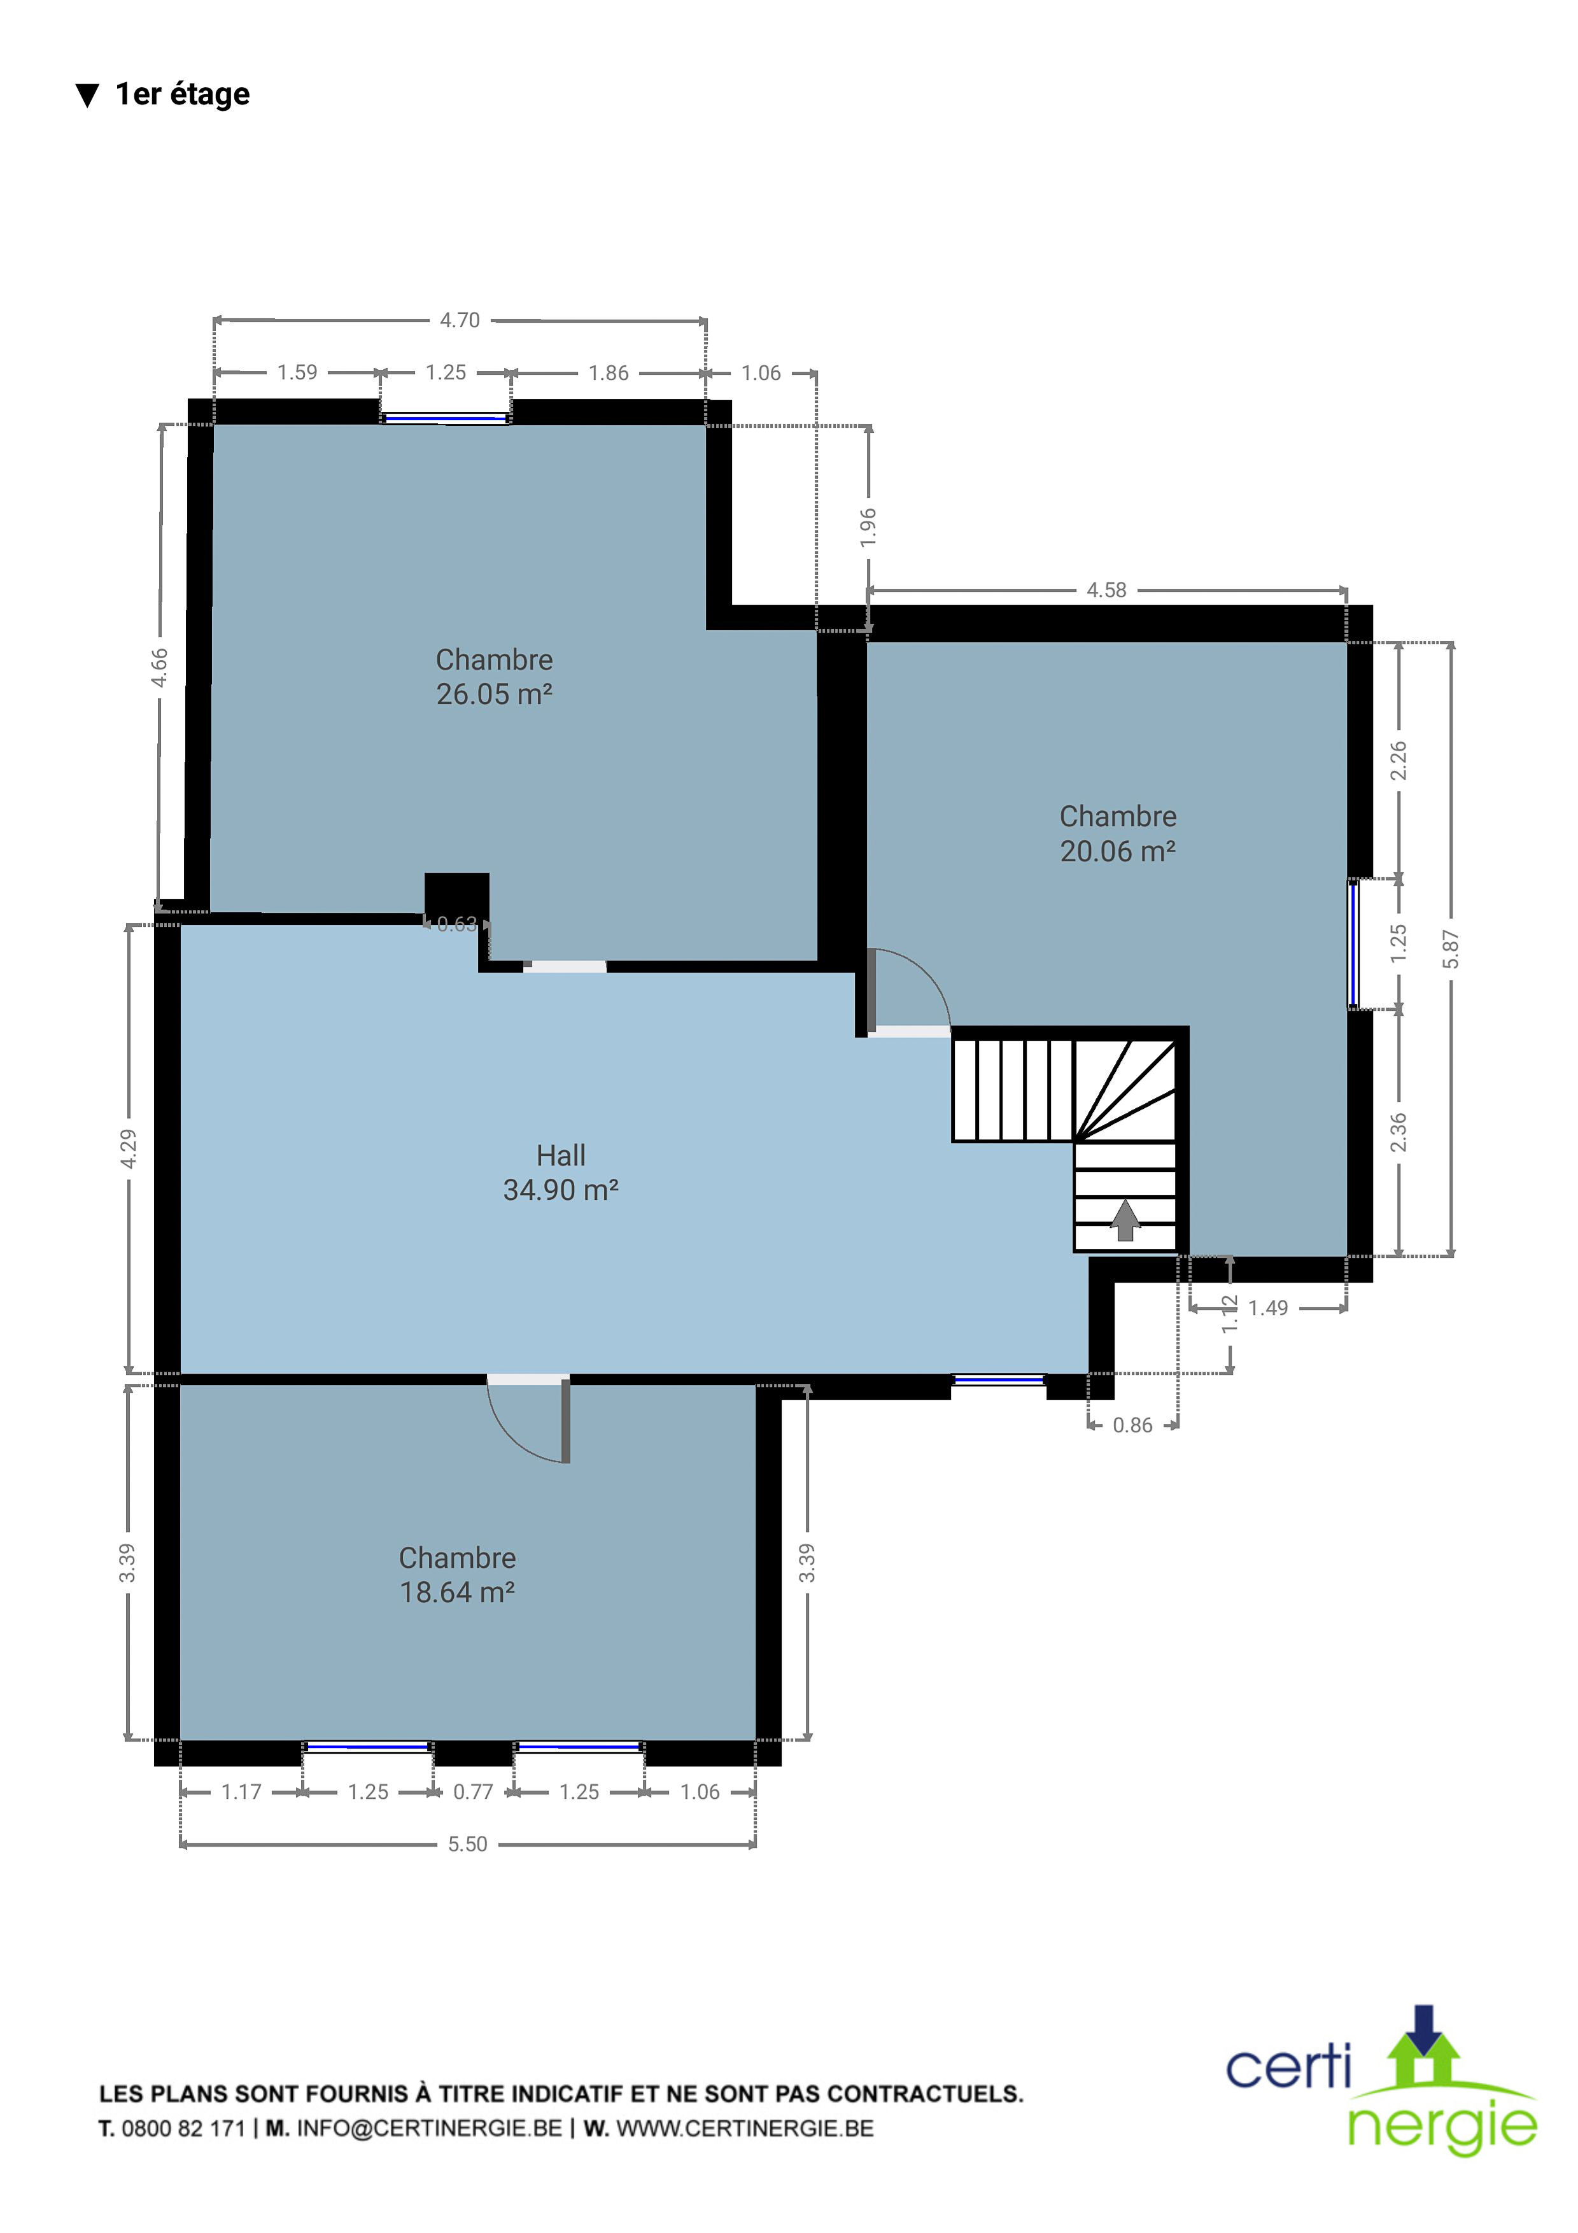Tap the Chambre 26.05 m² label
point(494,677)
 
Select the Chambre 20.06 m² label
point(1118,833)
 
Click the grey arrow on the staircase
point(1125,1220)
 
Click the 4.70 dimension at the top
point(460,320)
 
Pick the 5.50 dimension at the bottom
point(468,1844)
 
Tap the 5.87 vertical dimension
point(1451,949)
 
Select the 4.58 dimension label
point(1106,590)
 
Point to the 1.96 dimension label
point(868,527)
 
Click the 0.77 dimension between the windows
point(474,1791)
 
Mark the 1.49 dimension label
point(1268,1308)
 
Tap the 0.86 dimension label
point(1132,1426)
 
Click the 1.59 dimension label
point(297,372)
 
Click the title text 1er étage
point(183,94)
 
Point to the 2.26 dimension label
point(1398,761)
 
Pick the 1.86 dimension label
point(609,372)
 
